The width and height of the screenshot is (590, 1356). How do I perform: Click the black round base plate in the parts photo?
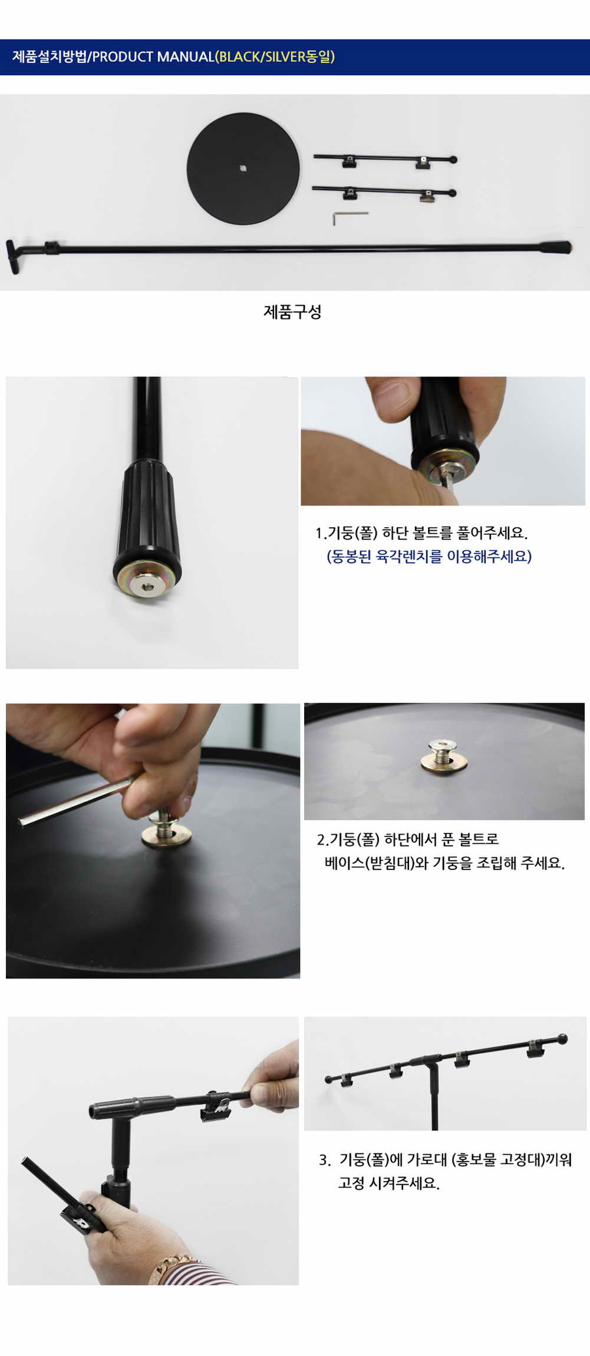(x=243, y=168)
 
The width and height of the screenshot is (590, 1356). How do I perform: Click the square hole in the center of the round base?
(x=243, y=168)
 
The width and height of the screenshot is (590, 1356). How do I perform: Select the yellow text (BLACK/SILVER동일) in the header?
(x=275, y=57)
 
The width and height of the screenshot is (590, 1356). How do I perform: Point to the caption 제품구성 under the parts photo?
(x=292, y=312)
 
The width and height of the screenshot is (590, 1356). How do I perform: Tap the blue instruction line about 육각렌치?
(x=429, y=556)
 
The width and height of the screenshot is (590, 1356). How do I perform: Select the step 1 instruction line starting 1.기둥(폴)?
(x=421, y=533)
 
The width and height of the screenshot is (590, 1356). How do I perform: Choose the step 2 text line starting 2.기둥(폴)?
(x=408, y=839)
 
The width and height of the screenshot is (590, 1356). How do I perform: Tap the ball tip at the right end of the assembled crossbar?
(x=562, y=1039)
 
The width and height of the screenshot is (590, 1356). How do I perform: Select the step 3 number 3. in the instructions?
(x=325, y=1160)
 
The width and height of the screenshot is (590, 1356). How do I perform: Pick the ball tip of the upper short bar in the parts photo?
(x=453, y=159)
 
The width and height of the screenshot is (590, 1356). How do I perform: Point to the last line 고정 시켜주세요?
(x=388, y=1183)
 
